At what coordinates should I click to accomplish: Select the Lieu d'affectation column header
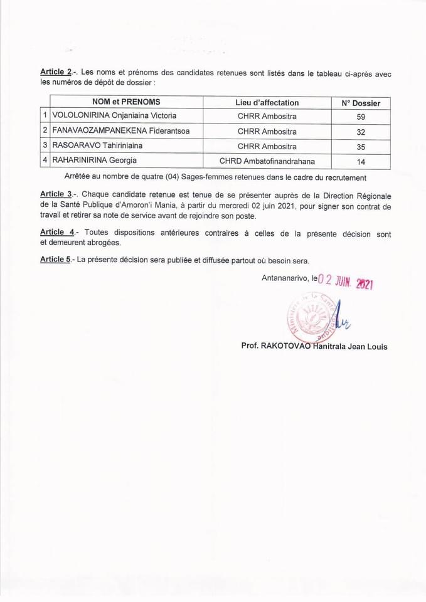tap(267, 102)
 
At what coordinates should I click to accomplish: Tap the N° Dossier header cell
tap(361, 103)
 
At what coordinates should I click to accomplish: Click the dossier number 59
tap(361, 117)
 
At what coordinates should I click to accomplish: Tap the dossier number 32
tap(361, 132)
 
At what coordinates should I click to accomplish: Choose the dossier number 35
tap(361, 147)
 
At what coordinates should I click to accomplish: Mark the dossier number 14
tap(361, 162)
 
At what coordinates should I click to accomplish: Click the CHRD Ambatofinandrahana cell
tap(267, 161)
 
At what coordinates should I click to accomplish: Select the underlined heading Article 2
tap(55, 73)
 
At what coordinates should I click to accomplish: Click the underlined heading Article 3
tap(55, 194)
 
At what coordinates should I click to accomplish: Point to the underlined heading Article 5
tap(55, 260)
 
